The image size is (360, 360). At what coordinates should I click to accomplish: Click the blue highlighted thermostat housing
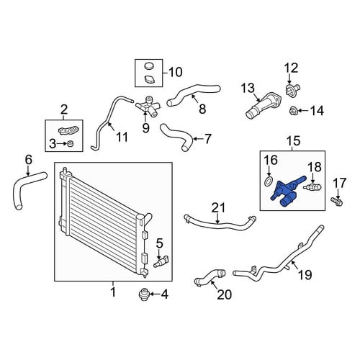[287, 192]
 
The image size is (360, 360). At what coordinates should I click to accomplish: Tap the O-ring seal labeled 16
[269, 181]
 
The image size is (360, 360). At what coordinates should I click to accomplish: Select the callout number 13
[248, 88]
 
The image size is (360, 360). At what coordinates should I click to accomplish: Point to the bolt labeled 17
[337, 202]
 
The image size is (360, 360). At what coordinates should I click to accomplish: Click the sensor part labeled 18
[312, 187]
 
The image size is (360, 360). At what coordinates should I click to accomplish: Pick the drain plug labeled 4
[144, 294]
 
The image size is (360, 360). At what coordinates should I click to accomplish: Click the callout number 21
[218, 208]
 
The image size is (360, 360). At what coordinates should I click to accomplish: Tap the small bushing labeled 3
[71, 144]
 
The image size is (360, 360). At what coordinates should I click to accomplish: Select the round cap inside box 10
[149, 66]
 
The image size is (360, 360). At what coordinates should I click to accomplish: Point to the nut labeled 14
[293, 111]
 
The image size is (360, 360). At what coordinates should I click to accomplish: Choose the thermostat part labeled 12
[292, 90]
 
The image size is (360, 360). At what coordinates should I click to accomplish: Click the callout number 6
[28, 160]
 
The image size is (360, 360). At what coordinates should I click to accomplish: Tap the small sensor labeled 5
[161, 261]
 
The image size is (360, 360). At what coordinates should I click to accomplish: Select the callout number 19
[305, 275]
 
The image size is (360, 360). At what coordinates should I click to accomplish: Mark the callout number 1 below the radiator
[113, 292]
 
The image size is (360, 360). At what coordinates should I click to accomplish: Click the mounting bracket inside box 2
[68, 130]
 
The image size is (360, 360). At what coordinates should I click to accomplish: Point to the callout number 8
[202, 109]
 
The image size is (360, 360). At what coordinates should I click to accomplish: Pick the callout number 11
[122, 137]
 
